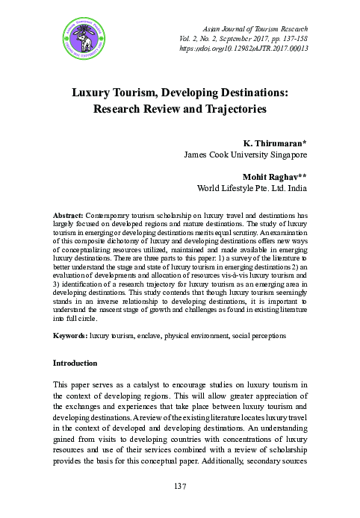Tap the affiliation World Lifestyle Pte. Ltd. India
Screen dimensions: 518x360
(x=251, y=189)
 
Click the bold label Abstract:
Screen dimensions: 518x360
(x=69, y=214)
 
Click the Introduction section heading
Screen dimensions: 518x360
(x=75, y=363)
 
